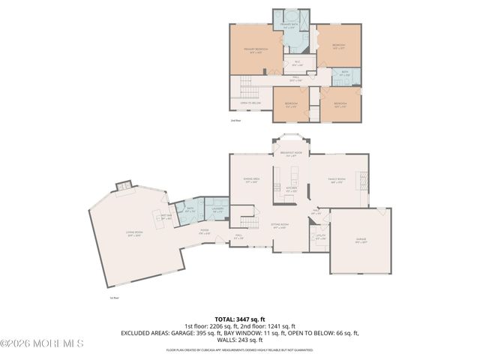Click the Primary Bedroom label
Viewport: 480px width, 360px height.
tap(256, 49)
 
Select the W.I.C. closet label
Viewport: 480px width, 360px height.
tap(297, 63)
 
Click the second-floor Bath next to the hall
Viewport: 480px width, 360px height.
tap(345, 74)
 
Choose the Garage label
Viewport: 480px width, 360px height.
tap(361, 240)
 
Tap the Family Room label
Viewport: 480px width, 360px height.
tap(336, 179)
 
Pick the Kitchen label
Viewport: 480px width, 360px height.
tap(292, 189)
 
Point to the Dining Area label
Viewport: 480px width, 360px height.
tap(251, 179)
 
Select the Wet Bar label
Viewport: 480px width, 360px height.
tap(166, 217)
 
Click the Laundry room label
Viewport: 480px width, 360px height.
tap(217, 211)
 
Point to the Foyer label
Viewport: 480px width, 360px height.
tap(203, 232)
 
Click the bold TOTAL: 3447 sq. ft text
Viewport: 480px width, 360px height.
tap(240, 319)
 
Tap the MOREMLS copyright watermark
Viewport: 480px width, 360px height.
tap(42, 343)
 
